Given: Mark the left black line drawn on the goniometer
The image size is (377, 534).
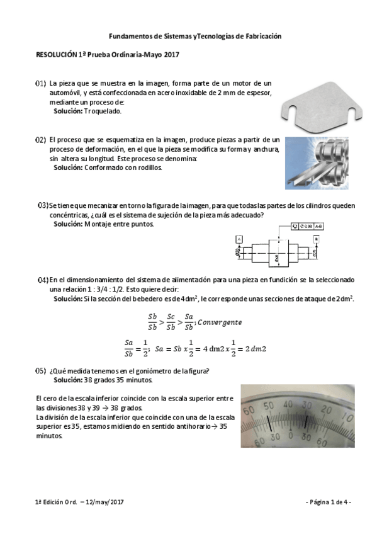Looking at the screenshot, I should (271, 419).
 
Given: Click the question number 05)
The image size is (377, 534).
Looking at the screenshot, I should (40, 371).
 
